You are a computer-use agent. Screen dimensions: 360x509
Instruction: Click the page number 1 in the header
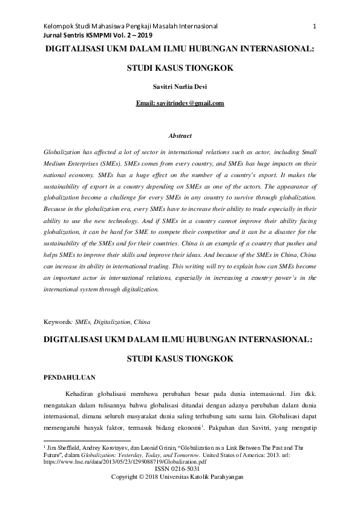[316, 27]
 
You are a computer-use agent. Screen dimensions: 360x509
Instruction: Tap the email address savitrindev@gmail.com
[180, 103]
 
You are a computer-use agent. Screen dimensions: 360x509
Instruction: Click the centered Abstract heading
[180, 136]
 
